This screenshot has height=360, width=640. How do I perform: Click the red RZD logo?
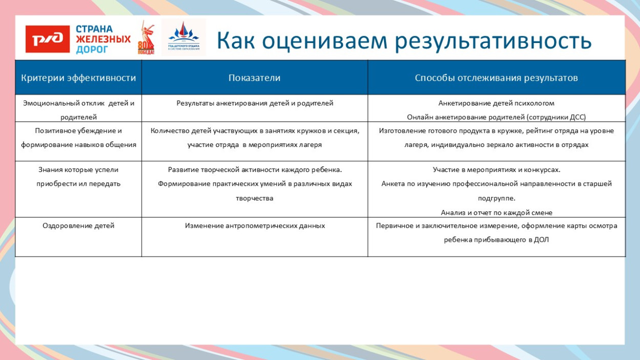pos(48,39)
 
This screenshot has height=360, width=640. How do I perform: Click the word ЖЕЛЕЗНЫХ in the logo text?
pos(103,39)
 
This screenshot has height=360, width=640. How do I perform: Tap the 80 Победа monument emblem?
pos(146,38)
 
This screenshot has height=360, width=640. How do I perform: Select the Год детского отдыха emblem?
pos(183,37)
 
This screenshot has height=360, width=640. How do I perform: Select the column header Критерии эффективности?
pos(78,78)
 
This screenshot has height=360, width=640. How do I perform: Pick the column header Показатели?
pos(254,78)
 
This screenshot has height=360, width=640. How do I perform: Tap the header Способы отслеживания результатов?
pos(496,78)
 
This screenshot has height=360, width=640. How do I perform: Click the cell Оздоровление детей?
pos(78,225)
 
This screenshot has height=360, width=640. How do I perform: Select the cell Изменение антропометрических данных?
pos(255,225)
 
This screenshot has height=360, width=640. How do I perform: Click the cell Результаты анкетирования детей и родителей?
pos(255,103)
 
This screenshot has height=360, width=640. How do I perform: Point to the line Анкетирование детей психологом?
pos(496,103)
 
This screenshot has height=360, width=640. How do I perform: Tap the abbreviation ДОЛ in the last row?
pos(541,239)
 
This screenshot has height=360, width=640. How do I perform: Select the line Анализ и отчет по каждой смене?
pos(496,213)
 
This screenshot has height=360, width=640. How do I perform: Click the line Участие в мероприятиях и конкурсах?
pos(496,170)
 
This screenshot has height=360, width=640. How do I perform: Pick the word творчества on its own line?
pos(254,198)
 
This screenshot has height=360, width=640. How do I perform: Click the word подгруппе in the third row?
pos(496,198)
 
